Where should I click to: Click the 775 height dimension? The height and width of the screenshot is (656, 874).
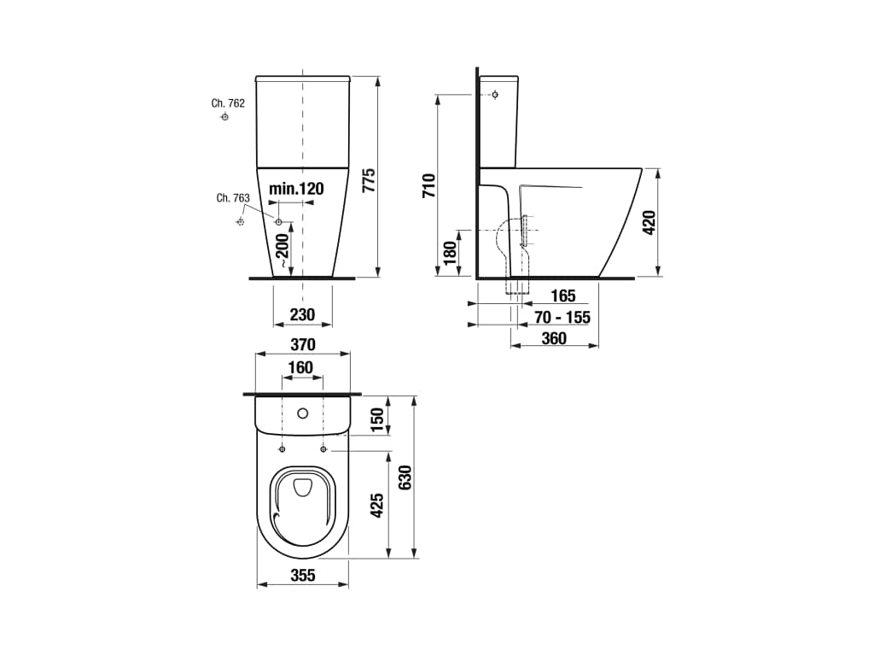coord(369,180)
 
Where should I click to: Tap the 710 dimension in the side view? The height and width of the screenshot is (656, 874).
coord(429,185)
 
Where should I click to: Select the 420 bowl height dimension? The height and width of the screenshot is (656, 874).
coord(650,223)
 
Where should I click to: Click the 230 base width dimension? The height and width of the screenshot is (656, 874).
coord(303,315)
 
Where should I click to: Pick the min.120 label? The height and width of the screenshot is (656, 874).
coord(296,189)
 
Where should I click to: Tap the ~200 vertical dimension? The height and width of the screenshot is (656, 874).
coord(283,249)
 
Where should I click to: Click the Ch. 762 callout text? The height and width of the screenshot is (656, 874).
coord(228,103)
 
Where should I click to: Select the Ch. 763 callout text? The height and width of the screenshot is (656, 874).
coord(233,198)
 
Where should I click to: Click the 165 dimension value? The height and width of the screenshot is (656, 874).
coord(563,296)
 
